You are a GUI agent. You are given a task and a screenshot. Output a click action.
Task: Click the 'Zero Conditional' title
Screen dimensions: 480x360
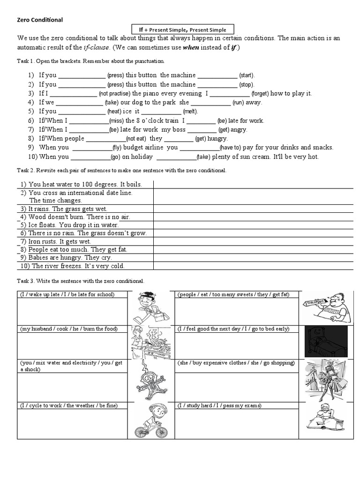coord(40,20)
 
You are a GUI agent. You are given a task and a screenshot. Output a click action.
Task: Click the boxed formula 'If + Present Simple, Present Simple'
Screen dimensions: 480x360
coord(182,29)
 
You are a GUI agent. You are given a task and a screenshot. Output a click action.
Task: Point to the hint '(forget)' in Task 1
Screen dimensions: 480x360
coord(261,94)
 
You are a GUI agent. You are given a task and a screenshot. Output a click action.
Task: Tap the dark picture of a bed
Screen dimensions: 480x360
coord(326,341)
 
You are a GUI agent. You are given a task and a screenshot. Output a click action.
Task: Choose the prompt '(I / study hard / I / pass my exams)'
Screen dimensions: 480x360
coord(219,405)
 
